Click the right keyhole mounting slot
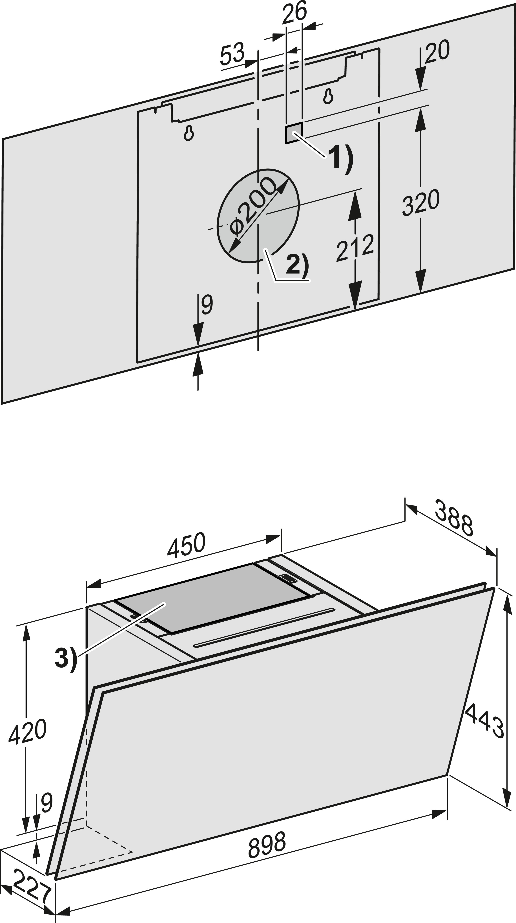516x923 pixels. pos(328,96)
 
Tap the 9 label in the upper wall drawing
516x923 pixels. pos(207,305)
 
